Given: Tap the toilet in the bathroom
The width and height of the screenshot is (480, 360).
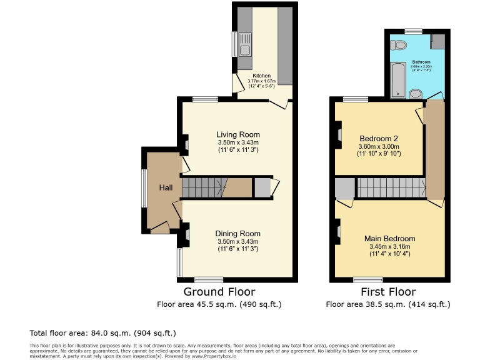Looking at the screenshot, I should coord(399,44).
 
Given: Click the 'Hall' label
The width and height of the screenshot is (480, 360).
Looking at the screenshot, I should coord(166,188).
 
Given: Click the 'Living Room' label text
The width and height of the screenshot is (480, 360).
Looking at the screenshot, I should coord(237,134).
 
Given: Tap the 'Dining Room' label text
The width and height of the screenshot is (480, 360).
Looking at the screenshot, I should coord(237,234).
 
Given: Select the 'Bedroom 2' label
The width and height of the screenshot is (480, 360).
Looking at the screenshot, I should coord(379,139).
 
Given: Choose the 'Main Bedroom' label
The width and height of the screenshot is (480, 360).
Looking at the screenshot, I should coord(390,239).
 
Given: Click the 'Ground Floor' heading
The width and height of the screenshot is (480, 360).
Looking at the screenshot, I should coord(219,292).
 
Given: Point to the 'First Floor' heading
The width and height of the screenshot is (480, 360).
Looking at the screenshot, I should coord(388,292).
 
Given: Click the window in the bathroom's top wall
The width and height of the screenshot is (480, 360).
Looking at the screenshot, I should coord(412,31).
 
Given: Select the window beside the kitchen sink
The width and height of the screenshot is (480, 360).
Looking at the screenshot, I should coord(234,44).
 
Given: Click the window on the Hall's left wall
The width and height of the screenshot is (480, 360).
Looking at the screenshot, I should coord(143,187).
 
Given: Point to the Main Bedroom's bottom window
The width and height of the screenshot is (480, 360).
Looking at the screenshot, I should coord(367,279).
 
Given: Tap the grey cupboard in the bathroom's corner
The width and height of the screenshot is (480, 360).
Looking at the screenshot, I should coord(437,41).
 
